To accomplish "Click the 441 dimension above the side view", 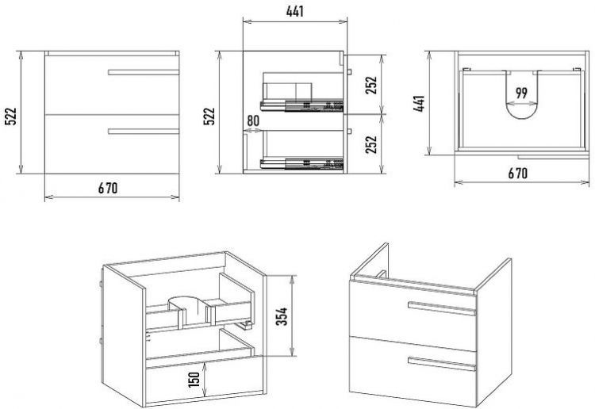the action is (295, 11).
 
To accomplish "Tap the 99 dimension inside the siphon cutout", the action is (522, 93).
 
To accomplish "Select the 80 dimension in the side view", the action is (253, 120).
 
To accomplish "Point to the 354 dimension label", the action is (282, 316).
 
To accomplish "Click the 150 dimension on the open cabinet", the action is (194, 380).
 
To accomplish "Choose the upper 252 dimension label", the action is (371, 85).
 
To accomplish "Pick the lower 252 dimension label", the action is (371, 144).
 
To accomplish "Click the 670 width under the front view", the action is (108, 188).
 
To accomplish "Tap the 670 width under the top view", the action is (517, 174).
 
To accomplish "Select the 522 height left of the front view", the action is (11, 116).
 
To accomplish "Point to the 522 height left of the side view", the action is (209, 116).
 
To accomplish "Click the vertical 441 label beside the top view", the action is (420, 103).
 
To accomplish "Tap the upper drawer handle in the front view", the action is (144, 72).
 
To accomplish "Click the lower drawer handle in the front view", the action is (144, 131).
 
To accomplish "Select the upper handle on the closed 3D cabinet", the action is (442, 308).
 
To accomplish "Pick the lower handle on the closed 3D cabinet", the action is (442, 364).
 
